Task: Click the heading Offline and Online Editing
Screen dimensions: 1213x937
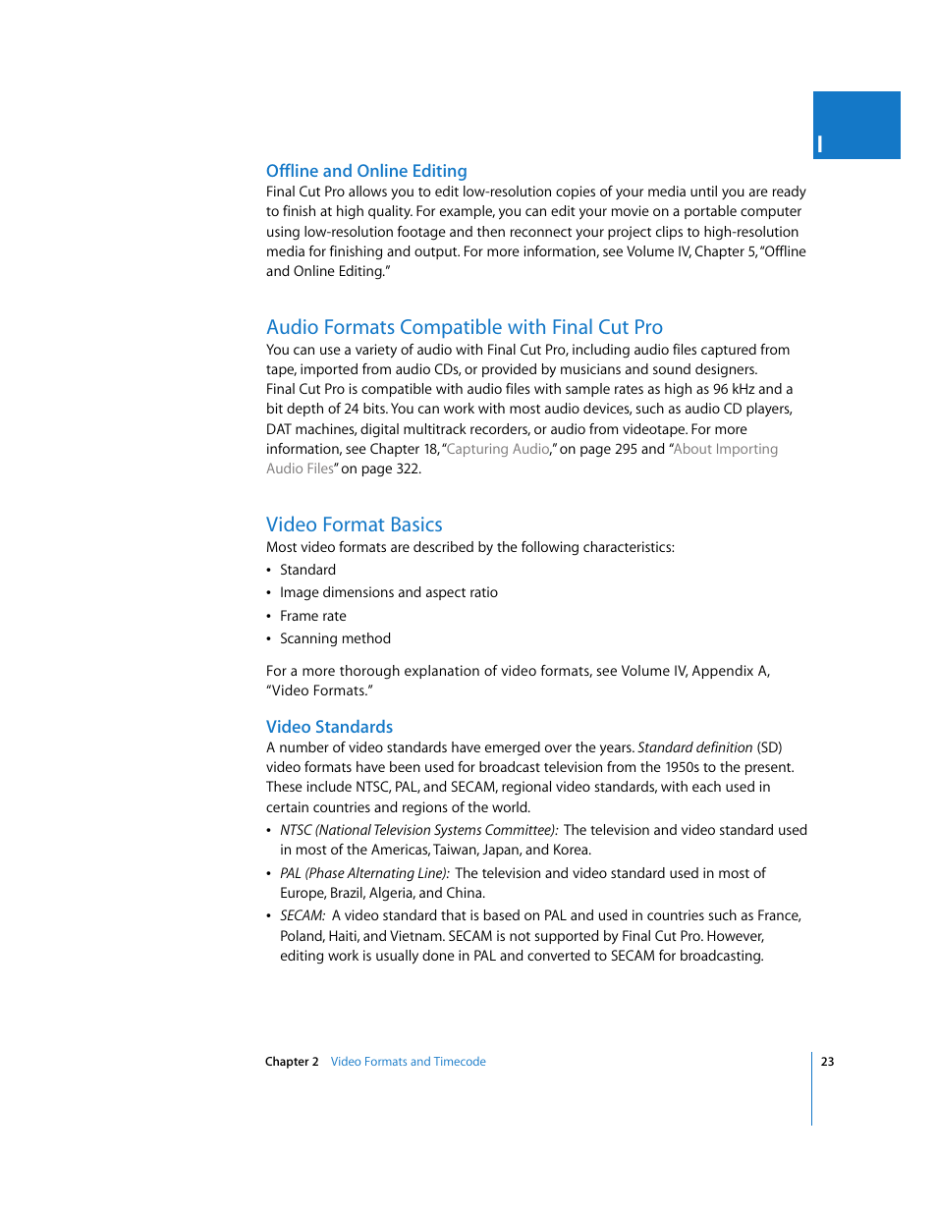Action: tap(366, 171)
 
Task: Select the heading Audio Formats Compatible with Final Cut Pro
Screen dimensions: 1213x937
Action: tap(464, 327)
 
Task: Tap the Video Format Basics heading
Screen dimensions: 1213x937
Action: tap(354, 524)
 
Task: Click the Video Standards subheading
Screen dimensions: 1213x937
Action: tap(329, 727)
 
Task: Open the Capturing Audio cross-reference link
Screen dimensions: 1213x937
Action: tap(498, 449)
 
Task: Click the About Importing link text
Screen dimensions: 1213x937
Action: tap(726, 449)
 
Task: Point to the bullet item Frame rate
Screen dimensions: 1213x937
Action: tap(312, 616)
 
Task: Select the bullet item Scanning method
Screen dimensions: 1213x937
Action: tap(335, 638)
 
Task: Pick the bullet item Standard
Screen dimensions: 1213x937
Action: tap(307, 570)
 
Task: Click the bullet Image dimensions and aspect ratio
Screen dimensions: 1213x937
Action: tap(388, 592)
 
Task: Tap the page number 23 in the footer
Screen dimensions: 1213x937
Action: tap(827, 1062)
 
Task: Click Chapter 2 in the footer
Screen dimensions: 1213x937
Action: tap(292, 1062)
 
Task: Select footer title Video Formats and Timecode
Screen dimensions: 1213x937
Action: tap(408, 1062)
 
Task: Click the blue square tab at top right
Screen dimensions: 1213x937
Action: tap(856, 125)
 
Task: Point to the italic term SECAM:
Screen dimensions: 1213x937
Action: tap(303, 915)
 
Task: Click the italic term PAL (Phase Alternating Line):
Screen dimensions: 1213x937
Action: tap(364, 873)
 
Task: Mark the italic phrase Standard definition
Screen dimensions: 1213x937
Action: tap(694, 747)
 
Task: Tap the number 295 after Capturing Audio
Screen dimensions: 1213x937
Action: tap(625, 449)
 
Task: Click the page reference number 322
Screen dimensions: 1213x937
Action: tap(407, 469)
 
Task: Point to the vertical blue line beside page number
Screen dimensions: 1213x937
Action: tap(812, 1088)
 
